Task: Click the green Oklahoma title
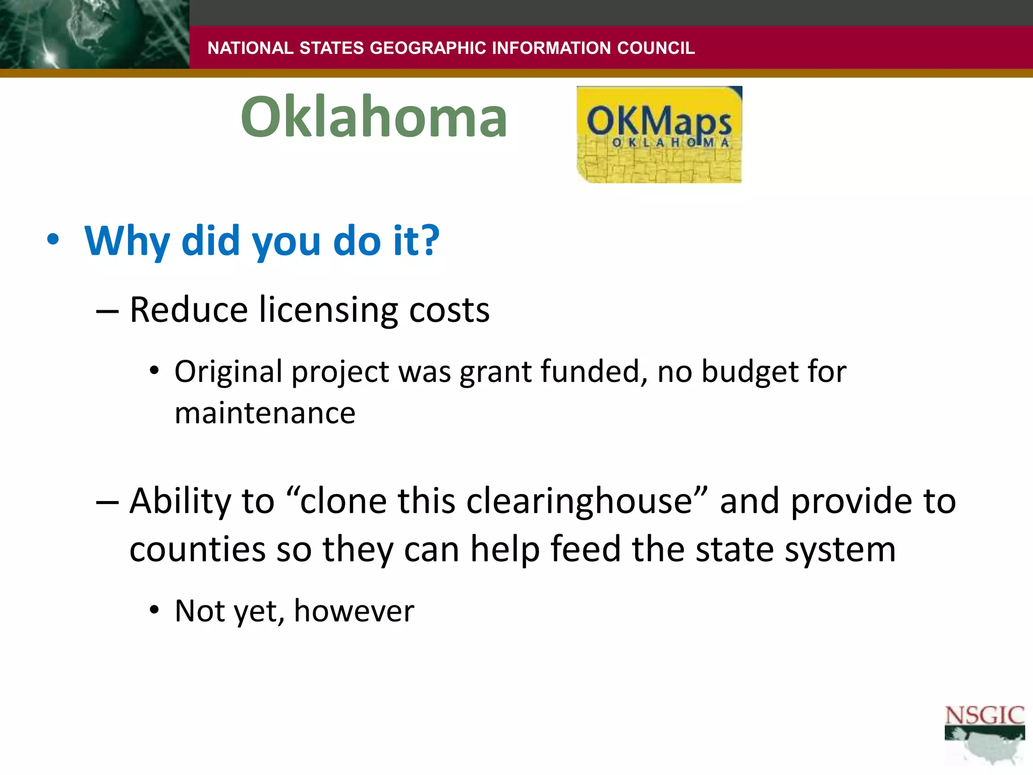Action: click(x=374, y=117)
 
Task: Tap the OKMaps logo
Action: click(x=659, y=134)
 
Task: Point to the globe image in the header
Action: click(x=94, y=34)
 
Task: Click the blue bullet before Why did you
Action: click(x=52, y=240)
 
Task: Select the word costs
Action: click(x=449, y=310)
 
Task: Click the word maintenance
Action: click(x=265, y=413)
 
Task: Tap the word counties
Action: click(x=197, y=549)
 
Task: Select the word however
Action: click(x=354, y=611)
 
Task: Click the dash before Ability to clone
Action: click(x=107, y=503)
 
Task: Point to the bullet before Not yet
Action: click(x=154, y=611)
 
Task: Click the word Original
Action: click(x=228, y=372)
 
